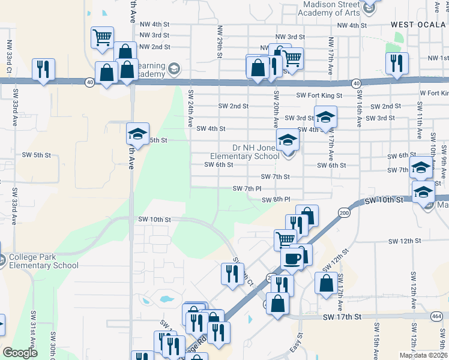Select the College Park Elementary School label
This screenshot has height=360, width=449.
(43, 261)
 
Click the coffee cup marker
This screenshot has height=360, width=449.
(292, 258)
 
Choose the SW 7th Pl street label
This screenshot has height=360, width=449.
(247, 188)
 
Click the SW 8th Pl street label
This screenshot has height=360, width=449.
(276, 199)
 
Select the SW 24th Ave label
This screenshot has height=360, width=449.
(191, 108)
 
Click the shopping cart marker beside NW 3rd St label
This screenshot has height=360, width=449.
(102, 37)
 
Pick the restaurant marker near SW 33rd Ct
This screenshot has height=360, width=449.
(43, 70)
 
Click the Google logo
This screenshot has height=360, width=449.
(20, 353)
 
